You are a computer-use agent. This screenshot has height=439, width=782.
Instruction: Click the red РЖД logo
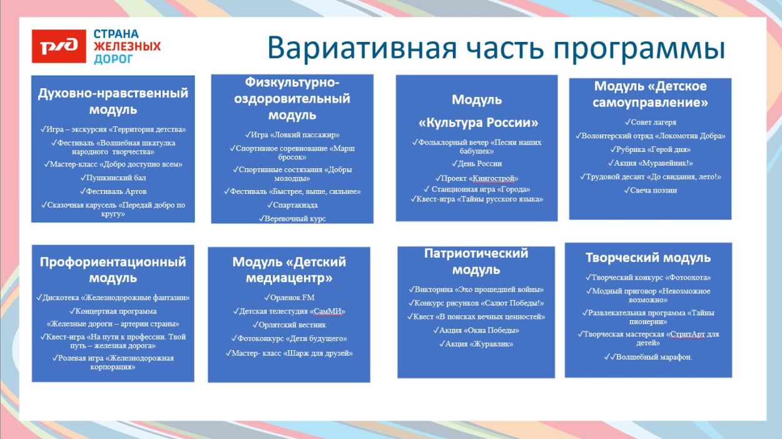[x=59, y=46]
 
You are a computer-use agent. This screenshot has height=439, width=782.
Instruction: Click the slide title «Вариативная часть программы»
[x=496, y=48]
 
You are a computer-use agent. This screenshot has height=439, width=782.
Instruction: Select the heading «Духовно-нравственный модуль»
[x=113, y=101]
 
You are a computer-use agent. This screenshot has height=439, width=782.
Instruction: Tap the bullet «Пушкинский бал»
[x=113, y=178]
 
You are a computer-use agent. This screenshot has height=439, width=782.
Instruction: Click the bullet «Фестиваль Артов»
[x=113, y=191]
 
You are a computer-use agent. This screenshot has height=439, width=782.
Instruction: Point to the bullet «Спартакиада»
[x=292, y=204]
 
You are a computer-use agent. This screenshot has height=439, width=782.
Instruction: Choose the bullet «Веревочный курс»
[x=292, y=218]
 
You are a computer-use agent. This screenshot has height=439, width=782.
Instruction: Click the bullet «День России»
[x=477, y=163]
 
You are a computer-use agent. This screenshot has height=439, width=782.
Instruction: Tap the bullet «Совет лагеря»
[x=650, y=122]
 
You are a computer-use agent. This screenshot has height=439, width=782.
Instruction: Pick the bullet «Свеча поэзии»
[x=650, y=190]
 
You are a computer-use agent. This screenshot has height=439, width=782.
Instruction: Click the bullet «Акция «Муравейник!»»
[x=650, y=163]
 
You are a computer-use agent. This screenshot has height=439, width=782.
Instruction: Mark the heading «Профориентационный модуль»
[x=113, y=270]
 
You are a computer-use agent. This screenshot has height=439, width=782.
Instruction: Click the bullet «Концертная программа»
[x=113, y=311]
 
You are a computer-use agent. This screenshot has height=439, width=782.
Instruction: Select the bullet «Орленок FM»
[x=289, y=297]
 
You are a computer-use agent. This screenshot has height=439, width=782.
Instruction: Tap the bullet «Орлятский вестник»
[x=289, y=325]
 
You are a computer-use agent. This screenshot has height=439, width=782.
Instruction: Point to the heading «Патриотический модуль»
[x=476, y=261]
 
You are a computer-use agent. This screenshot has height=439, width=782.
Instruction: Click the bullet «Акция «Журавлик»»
[x=476, y=344]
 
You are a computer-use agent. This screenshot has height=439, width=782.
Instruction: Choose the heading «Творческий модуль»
[x=648, y=258]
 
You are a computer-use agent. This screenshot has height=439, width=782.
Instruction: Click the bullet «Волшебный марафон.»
[x=648, y=357]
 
